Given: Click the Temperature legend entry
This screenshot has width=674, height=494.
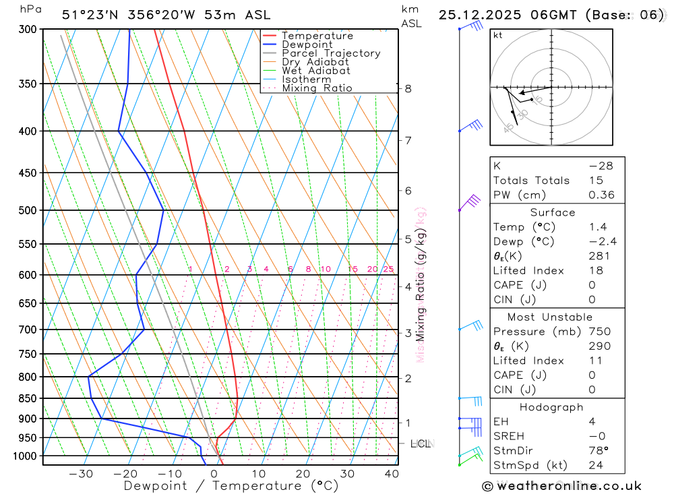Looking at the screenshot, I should pos(317,36).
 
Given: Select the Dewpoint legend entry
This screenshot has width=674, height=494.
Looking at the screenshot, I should pos(307,44).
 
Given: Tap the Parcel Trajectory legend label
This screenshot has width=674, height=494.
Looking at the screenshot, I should pos(331,53).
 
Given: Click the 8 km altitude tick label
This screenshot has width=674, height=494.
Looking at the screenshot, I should pos(408,88).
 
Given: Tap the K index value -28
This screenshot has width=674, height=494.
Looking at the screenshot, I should pos(601,166).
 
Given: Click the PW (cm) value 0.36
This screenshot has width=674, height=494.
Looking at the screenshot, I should pos(601,195).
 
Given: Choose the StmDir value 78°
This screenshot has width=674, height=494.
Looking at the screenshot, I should pos(598,450).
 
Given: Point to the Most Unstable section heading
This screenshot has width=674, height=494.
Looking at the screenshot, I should pos(551,317).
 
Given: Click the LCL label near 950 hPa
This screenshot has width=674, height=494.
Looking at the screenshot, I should pos(421,443).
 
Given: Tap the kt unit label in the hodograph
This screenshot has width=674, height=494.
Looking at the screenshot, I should pos(498,35).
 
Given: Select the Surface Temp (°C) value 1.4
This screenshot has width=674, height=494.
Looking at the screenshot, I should pos(596,227).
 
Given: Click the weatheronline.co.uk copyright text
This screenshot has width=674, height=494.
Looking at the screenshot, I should pos(561,486).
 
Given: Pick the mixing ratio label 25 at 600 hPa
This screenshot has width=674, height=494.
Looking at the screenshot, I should pos(388,270).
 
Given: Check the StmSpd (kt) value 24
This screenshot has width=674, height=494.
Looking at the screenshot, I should pos(595,465).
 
